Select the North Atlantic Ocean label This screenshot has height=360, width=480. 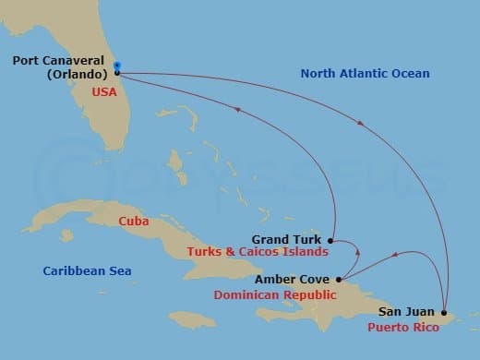365,73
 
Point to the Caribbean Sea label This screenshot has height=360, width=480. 88,270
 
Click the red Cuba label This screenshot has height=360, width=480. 135,221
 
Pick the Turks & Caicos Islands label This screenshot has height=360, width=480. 258,251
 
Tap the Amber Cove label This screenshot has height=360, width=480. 299,280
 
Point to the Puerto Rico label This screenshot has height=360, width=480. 399,326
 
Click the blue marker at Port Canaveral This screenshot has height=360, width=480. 117,66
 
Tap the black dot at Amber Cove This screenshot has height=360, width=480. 339,280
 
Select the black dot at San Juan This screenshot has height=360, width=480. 444,312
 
